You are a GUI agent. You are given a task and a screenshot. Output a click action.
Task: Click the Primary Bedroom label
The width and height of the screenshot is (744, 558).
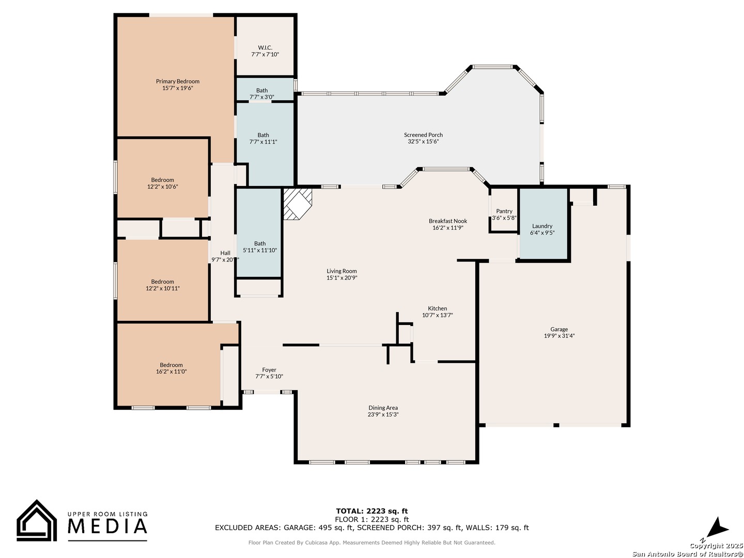tap(177, 81)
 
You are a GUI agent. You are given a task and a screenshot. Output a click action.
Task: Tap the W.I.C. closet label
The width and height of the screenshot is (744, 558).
tap(265, 48)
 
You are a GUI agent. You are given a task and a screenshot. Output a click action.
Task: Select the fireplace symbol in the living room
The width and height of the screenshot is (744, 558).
tap(297, 204)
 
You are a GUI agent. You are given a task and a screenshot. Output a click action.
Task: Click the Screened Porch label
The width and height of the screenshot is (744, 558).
tap(423, 135)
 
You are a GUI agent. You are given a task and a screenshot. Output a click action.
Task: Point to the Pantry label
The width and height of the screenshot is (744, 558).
tap(504, 211)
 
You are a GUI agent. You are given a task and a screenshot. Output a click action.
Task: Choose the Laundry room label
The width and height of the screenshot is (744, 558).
tap(542, 226)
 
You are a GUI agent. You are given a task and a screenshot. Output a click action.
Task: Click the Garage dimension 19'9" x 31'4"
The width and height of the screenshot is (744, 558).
tap(559, 336)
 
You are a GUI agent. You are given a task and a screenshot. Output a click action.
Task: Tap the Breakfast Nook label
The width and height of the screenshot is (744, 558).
tap(448, 221)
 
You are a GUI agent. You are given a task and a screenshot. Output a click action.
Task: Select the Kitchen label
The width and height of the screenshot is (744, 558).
tap(437, 308)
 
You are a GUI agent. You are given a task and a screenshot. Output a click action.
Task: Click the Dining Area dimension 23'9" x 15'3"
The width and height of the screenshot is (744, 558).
tap(383, 414)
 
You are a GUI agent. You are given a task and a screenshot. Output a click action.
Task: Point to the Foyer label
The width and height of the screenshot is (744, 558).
tap(269, 370)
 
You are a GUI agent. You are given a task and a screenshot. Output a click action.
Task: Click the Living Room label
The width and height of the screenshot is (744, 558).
tap(342, 271)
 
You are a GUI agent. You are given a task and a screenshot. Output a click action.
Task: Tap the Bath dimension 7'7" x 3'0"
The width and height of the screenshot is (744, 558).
tap(261, 97)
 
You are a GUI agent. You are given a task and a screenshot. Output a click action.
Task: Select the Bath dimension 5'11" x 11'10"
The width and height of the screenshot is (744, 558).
tap(260, 251)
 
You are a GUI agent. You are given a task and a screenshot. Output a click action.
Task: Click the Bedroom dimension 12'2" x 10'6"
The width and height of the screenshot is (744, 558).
tap(162, 187)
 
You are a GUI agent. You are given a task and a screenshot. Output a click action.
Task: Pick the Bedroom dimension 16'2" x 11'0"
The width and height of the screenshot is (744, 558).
tap(171, 371)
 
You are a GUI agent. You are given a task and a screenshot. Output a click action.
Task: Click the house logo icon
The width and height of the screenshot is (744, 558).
tap(37, 520)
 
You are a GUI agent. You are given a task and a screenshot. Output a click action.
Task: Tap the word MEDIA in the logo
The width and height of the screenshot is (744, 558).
tap(107, 526)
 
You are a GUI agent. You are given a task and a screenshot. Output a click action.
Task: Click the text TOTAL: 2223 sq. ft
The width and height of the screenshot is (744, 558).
tap(371, 511)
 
